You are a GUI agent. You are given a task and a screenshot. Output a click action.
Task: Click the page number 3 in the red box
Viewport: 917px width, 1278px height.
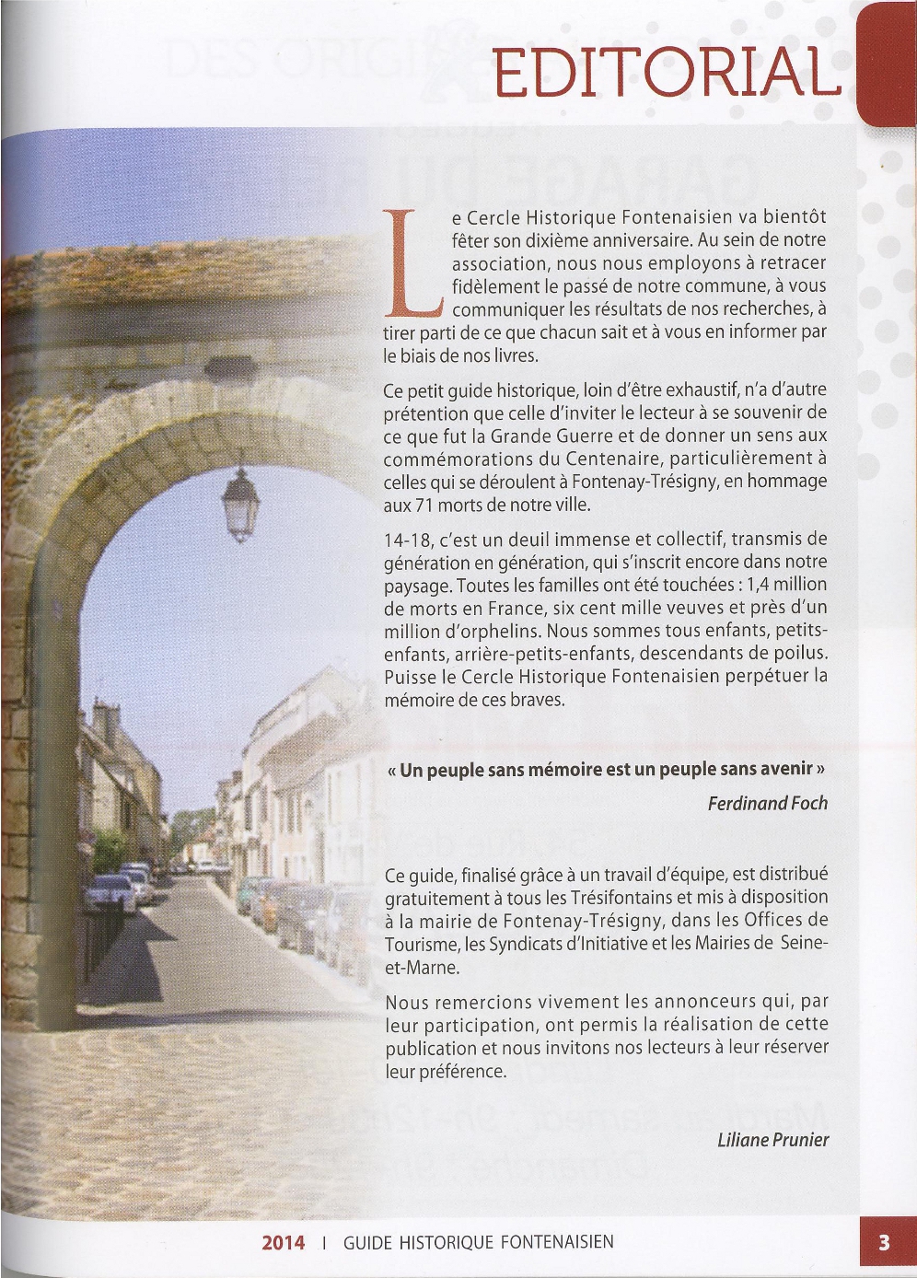tap(884, 1242)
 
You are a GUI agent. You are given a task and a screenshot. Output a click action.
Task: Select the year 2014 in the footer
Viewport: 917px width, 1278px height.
tap(283, 1242)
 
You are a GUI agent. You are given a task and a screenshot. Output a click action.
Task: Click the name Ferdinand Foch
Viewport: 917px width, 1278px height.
tap(767, 803)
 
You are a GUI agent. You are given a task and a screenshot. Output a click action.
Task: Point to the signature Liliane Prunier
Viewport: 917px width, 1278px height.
tap(772, 1140)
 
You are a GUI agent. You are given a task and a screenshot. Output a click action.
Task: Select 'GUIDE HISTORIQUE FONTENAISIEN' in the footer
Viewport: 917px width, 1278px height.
tap(478, 1242)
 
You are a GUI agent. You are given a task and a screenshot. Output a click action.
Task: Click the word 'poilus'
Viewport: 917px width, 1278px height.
tap(800, 654)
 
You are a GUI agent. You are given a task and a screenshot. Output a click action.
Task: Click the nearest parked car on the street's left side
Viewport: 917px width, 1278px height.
tap(110, 894)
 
